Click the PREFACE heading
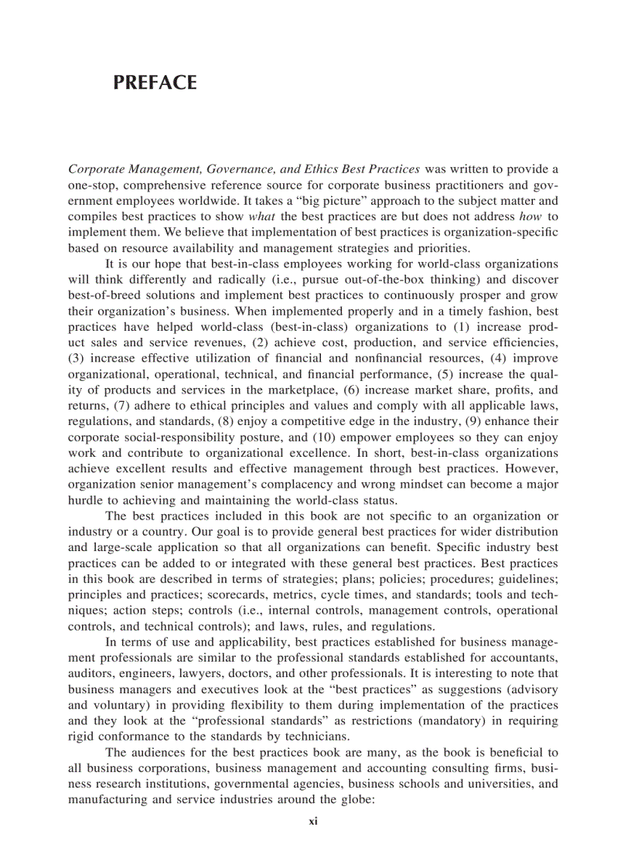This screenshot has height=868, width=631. [155, 83]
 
